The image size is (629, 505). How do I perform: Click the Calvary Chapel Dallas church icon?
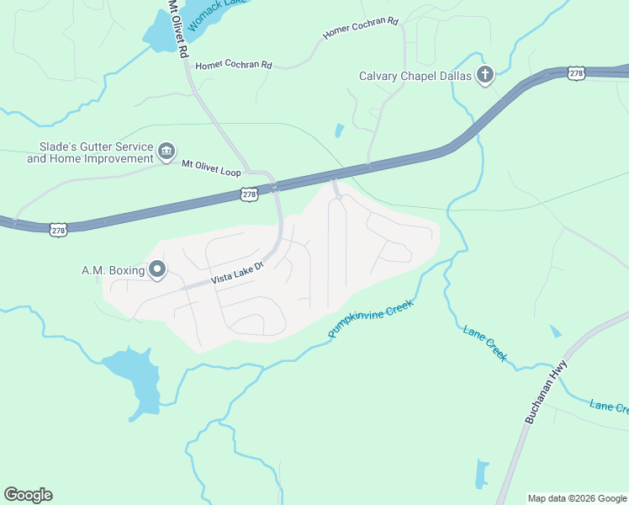[x=485, y=76]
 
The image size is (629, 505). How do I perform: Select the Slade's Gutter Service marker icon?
[x=166, y=151]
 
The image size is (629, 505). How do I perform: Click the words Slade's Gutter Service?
[x=90, y=146]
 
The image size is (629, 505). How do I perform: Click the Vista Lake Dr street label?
[x=237, y=275]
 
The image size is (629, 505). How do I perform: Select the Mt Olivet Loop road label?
[x=211, y=168]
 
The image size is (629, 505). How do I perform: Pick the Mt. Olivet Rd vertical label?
[x=177, y=28]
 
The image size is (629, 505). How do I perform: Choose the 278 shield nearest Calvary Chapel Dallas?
[x=575, y=74]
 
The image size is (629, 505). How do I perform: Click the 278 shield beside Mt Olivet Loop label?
[x=249, y=194]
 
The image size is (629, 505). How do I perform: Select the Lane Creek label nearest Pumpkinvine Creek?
[x=486, y=343]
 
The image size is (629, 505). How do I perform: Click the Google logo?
[x=28, y=495]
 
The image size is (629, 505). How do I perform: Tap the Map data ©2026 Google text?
[x=576, y=498]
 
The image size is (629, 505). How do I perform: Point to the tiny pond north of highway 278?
[x=339, y=130]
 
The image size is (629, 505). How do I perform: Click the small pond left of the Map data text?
[x=482, y=474]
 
